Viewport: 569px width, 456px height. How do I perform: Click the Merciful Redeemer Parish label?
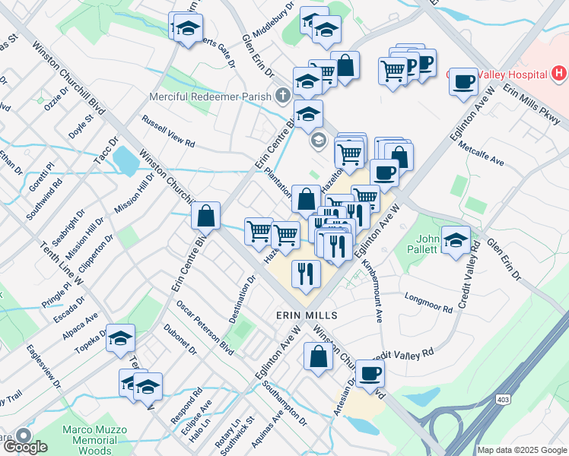[211, 96]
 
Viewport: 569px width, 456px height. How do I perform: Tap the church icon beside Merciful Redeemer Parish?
[283, 96]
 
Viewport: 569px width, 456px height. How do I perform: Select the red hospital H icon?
[560, 74]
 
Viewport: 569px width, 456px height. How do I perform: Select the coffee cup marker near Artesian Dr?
[370, 372]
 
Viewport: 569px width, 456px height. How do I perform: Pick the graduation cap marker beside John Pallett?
[456, 240]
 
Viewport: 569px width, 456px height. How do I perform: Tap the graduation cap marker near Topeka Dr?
[120, 339]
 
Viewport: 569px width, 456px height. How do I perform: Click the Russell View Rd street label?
[168, 131]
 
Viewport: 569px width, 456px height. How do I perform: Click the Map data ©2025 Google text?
[522, 450]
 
